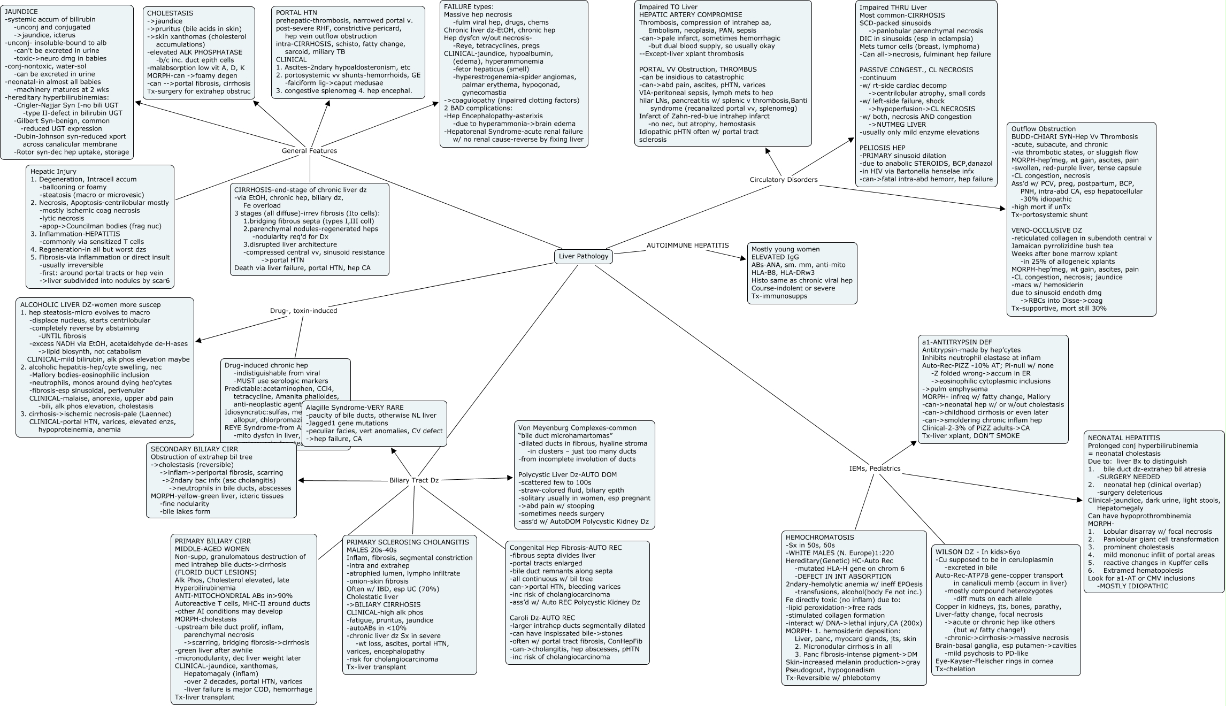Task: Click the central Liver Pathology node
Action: pos(583,256)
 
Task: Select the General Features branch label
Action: pos(309,151)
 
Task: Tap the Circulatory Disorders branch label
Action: pos(784,180)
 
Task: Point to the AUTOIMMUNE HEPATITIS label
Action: pos(687,245)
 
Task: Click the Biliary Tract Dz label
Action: pos(414,480)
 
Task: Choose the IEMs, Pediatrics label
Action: pos(875,469)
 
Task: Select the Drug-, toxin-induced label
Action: pos(303,311)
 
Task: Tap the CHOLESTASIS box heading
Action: pos(170,13)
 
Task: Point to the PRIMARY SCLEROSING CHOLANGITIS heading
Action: pos(408,542)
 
